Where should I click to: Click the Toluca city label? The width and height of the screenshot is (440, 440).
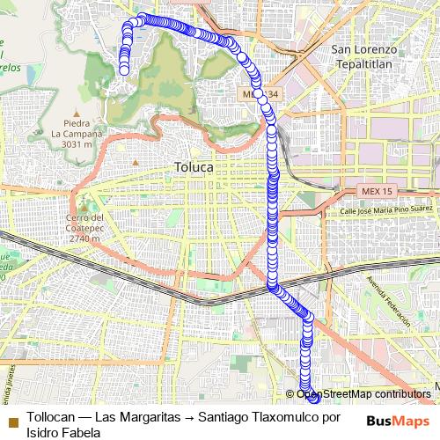pyautogui.click(x=192, y=166)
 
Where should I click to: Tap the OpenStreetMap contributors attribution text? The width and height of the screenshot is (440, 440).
pyautogui.click(x=357, y=394)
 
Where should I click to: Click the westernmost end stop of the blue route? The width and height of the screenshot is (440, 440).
pyautogui.click(x=123, y=69)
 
